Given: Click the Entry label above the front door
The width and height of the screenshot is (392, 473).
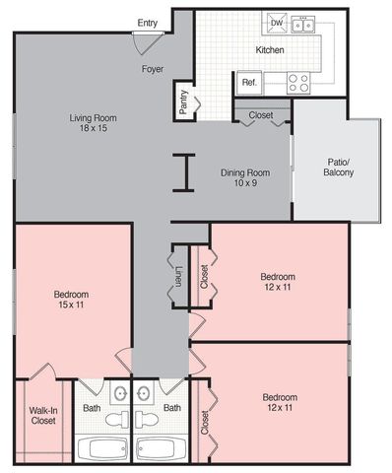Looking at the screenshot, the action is click(148, 23).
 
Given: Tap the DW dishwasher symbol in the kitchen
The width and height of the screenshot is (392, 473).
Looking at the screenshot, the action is click(277, 23).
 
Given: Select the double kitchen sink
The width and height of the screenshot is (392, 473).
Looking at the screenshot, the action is click(303, 25).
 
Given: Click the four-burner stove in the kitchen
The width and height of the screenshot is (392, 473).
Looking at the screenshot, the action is click(298, 83).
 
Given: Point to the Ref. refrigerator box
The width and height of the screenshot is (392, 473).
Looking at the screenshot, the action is click(249, 83).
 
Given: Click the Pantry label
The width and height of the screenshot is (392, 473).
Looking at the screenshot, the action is click(183, 101).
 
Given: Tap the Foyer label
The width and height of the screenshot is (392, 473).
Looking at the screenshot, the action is click(153, 69).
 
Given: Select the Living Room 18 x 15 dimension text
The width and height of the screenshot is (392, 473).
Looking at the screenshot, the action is click(94, 123).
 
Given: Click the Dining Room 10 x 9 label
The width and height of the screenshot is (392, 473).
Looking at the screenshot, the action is click(245, 177).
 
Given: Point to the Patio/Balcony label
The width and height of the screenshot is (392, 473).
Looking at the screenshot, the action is click(339, 168).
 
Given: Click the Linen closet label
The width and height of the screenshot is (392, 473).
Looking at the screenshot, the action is click(178, 277).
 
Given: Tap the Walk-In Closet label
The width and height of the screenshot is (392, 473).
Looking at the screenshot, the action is click(43, 416).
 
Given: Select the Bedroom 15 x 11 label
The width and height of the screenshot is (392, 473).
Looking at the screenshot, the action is click(71, 300).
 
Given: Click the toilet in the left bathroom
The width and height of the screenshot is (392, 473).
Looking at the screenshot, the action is click(117, 419).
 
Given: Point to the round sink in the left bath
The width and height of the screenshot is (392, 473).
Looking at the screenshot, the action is click(120, 393).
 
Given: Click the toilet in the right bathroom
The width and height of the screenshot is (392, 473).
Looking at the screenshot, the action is click(147, 419).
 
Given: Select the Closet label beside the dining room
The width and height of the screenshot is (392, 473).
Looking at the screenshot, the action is click(261, 115).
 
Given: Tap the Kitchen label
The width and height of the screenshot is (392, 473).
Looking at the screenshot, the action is click(270, 50).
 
